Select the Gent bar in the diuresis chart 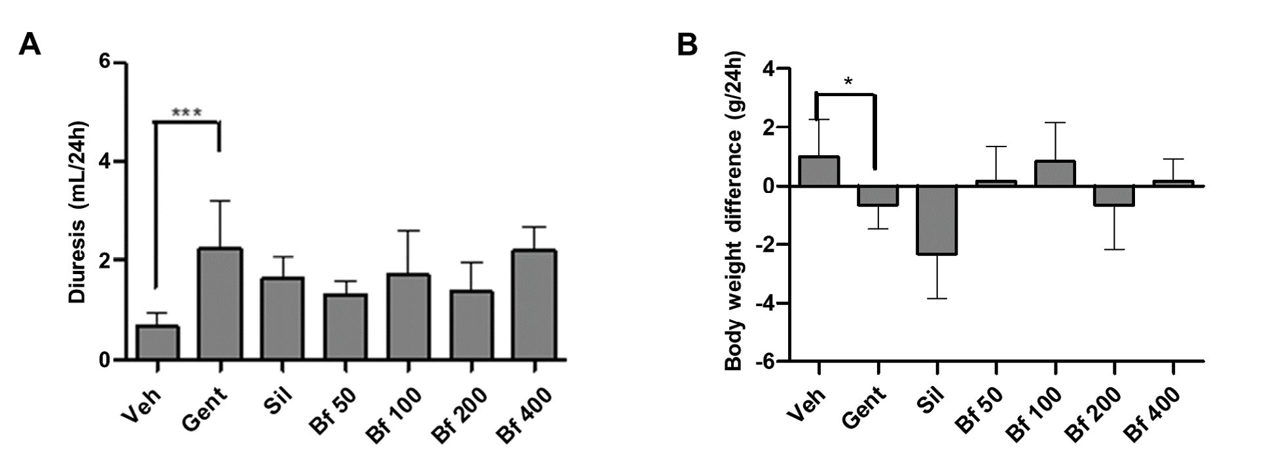(221, 304)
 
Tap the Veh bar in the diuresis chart (158, 343)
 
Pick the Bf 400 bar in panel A (535, 305)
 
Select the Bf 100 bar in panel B (1055, 173)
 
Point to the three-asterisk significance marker (187, 113)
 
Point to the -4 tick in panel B (765, 304)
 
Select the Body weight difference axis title (734, 211)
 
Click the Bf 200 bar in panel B (1113, 196)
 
